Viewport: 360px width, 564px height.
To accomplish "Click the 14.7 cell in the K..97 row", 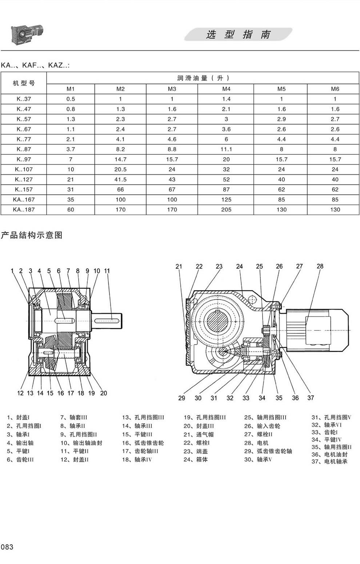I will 120,159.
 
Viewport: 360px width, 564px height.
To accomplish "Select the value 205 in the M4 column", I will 226,210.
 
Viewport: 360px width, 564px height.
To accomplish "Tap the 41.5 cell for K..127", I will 120,179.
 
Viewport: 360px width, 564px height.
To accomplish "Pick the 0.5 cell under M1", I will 71,99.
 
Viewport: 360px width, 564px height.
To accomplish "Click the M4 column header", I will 226,89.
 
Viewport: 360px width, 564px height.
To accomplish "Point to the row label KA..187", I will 24,210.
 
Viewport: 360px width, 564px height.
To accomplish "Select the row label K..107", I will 24,169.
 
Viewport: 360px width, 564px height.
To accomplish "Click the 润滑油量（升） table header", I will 203,78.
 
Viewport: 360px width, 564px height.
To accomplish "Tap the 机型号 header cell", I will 24,83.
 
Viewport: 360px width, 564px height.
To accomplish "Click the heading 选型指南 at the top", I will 238,35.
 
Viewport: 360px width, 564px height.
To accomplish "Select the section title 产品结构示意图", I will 32,235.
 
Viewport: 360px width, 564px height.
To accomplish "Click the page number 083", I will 7,547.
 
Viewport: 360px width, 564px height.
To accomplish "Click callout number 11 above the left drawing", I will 107,271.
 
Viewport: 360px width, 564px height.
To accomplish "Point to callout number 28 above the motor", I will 320,266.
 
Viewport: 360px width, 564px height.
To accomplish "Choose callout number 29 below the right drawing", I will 181,398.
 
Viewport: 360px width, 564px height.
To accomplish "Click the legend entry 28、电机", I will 256,443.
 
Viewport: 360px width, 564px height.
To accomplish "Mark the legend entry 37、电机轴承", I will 329,461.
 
